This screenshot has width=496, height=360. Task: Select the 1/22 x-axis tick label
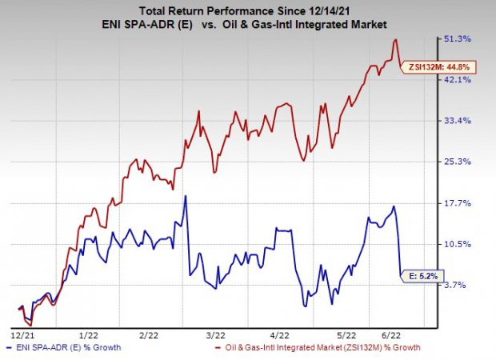[88, 335]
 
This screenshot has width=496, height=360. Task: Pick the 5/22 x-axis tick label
[345, 335]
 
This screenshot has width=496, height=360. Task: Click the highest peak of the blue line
[186, 196]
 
